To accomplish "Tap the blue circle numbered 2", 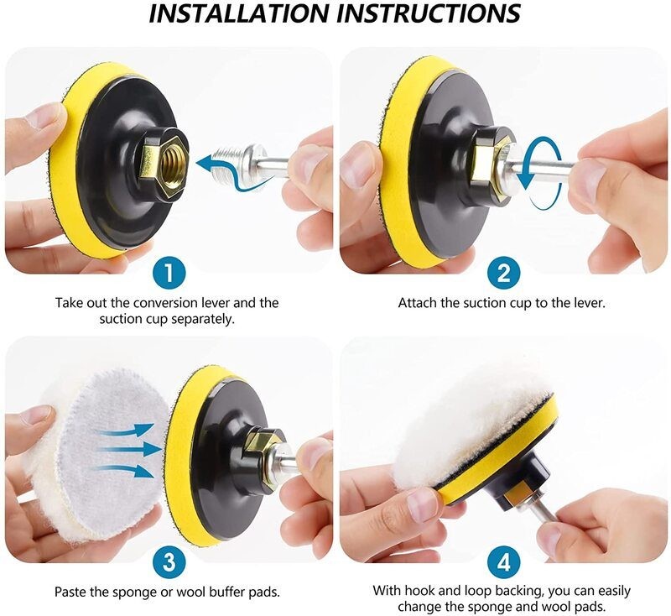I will tap(503, 273).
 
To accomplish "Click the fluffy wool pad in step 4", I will tap(470, 428).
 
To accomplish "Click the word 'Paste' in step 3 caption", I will tap(72, 591).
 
